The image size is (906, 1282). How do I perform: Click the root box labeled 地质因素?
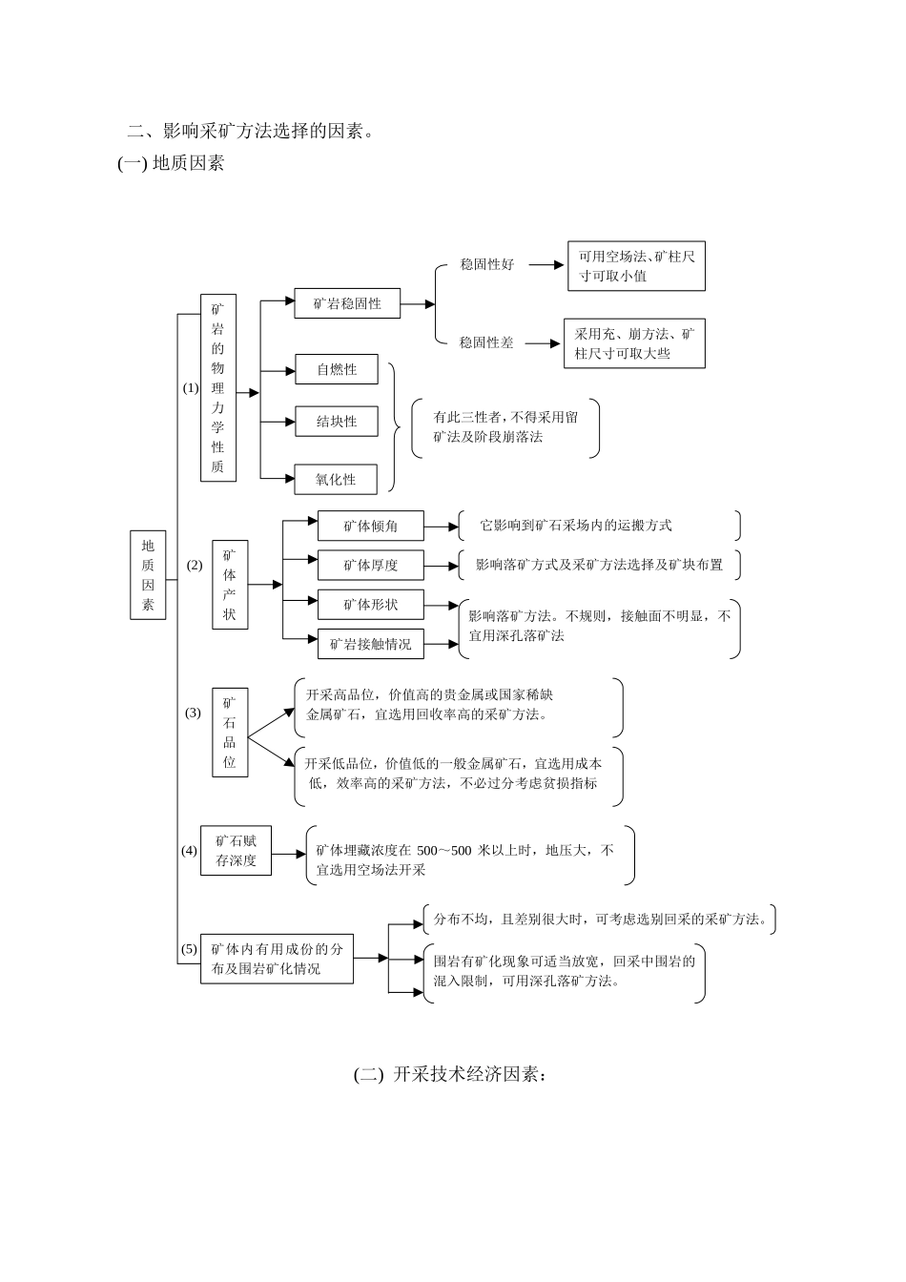[148, 575]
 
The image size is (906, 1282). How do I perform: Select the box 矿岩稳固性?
[347, 304]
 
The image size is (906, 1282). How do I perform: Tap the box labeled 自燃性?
[336, 370]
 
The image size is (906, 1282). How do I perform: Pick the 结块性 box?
[336, 422]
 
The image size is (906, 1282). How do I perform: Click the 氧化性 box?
[336, 480]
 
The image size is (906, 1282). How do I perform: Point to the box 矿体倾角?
[370, 526]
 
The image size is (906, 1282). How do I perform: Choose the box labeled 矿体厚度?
[370, 566]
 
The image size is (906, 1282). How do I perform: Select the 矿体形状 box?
[370, 605]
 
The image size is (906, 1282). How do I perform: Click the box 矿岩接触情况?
[370, 644]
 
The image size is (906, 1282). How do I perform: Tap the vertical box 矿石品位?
[230, 733]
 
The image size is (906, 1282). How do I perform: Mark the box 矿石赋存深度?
[236, 850]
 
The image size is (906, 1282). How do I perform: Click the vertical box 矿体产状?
[229, 585]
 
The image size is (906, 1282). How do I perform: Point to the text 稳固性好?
[486, 265]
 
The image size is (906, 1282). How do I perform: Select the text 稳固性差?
[486, 342]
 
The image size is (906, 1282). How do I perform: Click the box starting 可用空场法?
[636, 266]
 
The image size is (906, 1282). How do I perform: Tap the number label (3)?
[193, 713]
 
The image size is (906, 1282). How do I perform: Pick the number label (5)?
[189, 949]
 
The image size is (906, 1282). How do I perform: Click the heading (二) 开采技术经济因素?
[451, 1074]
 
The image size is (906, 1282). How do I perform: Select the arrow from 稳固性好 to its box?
[546, 265]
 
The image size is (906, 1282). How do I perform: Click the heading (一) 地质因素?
[171, 164]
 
